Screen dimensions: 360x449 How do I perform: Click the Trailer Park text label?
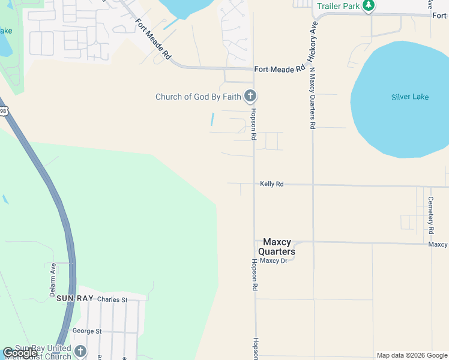(x=338, y=7)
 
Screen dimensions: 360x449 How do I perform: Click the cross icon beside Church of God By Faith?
(x=250, y=96)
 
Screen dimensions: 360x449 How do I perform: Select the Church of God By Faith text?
(x=198, y=97)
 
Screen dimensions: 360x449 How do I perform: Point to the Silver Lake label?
(x=410, y=97)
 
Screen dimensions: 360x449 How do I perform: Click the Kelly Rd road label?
(x=271, y=184)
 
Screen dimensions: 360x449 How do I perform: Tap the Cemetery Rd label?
(x=431, y=215)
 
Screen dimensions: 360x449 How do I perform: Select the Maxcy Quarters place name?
(x=277, y=247)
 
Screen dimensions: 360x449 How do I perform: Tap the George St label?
(x=86, y=331)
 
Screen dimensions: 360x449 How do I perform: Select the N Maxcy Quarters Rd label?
(x=312, y=98)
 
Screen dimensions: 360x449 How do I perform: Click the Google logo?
(x=20, y=353)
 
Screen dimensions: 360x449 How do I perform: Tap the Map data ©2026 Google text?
(x=412, y=355)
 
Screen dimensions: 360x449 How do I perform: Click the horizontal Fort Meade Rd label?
(x=279, y=70)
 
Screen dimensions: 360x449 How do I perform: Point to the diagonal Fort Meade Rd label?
(x=152, y=40)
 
